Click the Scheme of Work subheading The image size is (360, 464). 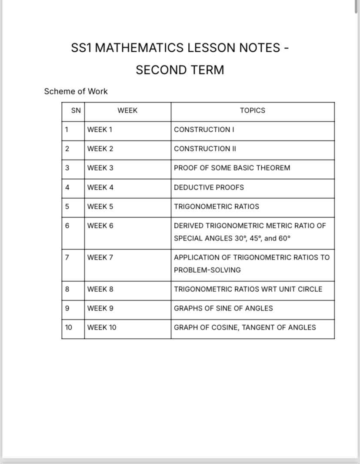click(76, 91)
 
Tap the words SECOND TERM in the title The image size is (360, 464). click(180, 70)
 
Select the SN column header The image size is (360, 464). click(76, 110)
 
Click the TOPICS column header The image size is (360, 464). click(252, 110)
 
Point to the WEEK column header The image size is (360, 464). click(127, 110)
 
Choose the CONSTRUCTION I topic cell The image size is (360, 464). click(204, 130)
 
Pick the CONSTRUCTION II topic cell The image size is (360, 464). click(205, 149)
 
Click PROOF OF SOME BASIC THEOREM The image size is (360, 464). click(232, 168)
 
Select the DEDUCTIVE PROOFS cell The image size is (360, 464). click(209, 187)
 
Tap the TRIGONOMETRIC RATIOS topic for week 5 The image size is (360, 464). click(216, 207)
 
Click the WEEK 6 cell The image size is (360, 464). click(100, 226)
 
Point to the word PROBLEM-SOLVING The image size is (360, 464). click(207, 270)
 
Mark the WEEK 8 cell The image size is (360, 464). click(100, 289)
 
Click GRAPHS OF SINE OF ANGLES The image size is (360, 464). click(223, 308)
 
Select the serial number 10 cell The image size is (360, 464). click(69, 327)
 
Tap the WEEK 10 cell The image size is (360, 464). click(102, 327)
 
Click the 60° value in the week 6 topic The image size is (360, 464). click(284, 238)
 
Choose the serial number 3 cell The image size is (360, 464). click(67, 168)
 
